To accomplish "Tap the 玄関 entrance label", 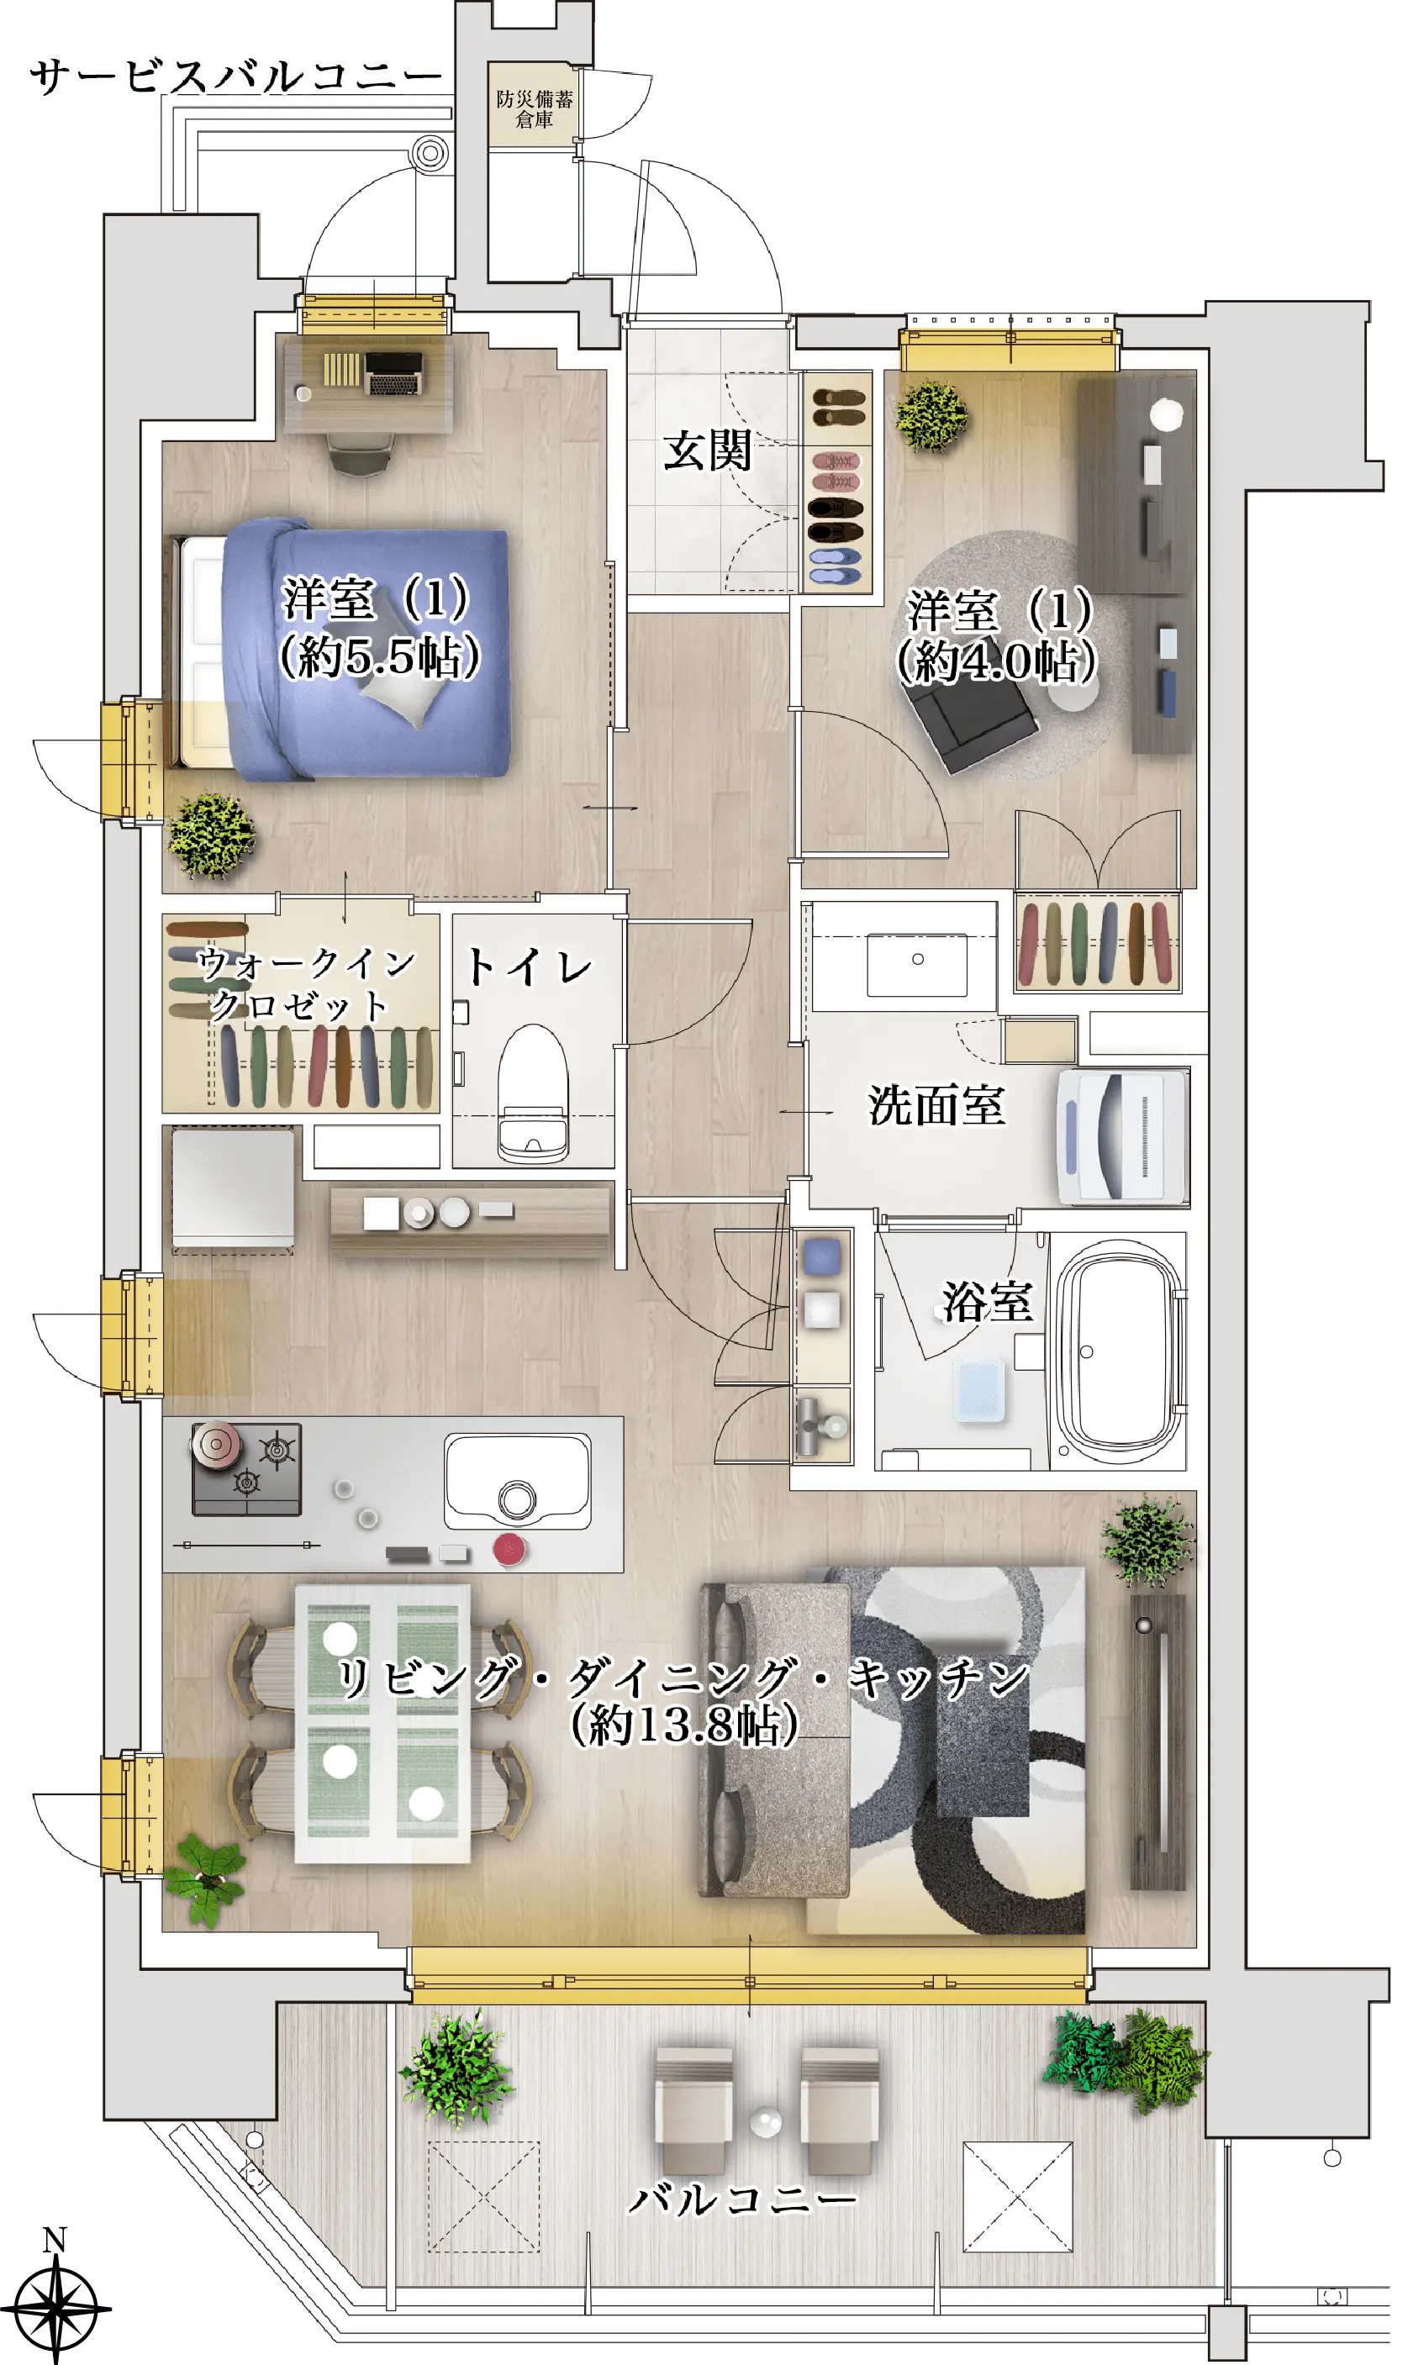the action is (x=708, y=450).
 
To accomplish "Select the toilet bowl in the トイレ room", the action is (x=533, y=1093).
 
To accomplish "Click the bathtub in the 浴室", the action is (x=1118, y=1351).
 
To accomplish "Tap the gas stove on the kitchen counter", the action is (x=246, y=1468).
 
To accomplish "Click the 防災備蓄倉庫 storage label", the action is (x=534, y=108).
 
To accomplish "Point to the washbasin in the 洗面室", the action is (x=917, y=964).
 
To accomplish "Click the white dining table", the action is (x=382, y=1723).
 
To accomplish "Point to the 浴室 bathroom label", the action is (x=988, y=1301).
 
